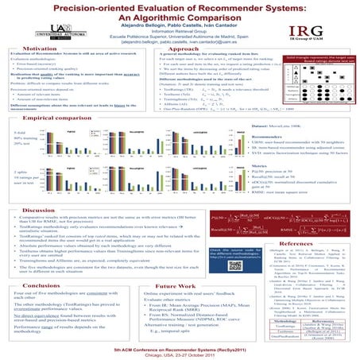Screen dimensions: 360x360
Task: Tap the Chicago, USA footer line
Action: click(x=180, y=354)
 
